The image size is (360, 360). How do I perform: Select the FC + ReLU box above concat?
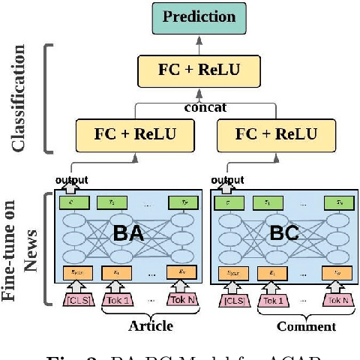[198, 71]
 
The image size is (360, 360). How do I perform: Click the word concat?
[205, 107]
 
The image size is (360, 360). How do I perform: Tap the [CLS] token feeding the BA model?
[76, 301]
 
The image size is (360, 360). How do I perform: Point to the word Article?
[151, 326]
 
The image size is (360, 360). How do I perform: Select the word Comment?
[306, 326]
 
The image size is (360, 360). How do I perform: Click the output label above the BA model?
[71, 180]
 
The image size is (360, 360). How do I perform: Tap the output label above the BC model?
[226, 180]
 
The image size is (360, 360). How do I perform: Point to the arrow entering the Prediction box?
[198, 42]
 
